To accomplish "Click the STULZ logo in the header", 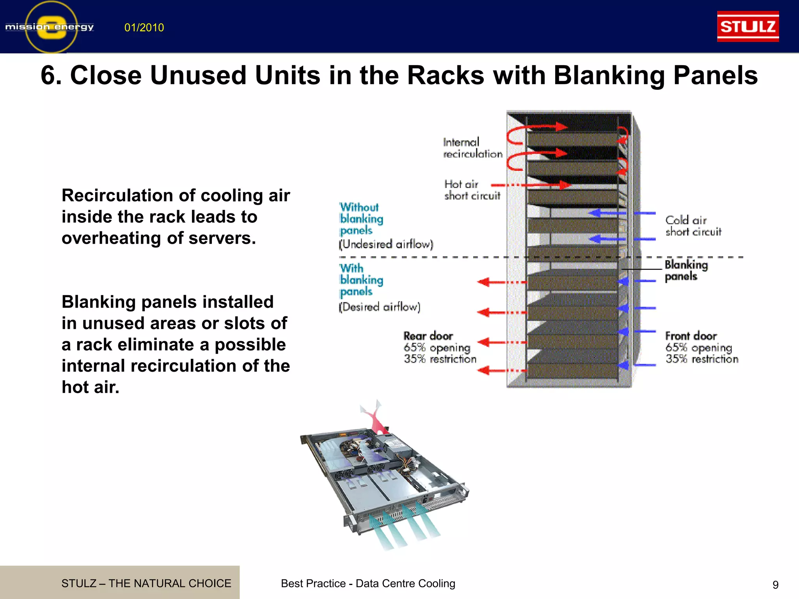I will (748, 27).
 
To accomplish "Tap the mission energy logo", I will (50, 27).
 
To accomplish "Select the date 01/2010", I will (144, 28).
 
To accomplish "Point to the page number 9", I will (775, 585).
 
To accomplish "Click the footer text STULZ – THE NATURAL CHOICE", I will (146, 583).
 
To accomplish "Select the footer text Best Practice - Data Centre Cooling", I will (368, 583).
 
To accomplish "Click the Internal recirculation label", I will (472, 148).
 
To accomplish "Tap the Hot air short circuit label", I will (472, 190).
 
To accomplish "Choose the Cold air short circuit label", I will (693, 226).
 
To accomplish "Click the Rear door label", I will (428, 336).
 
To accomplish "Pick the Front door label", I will (691, 336).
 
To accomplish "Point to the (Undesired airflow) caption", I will (386, 245).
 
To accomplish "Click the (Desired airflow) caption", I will (380, 307).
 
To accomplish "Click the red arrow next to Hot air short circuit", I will (531, 185).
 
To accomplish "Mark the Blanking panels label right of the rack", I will (686, 271).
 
